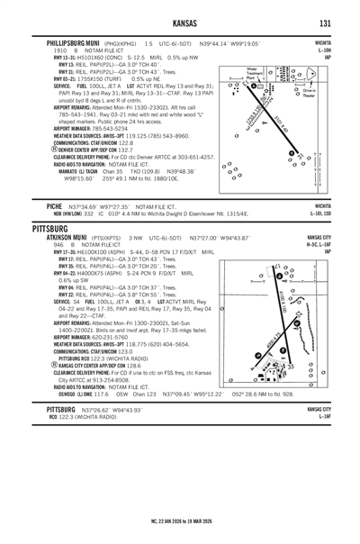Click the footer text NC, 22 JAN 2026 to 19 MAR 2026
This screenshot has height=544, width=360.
coord(180,519)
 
